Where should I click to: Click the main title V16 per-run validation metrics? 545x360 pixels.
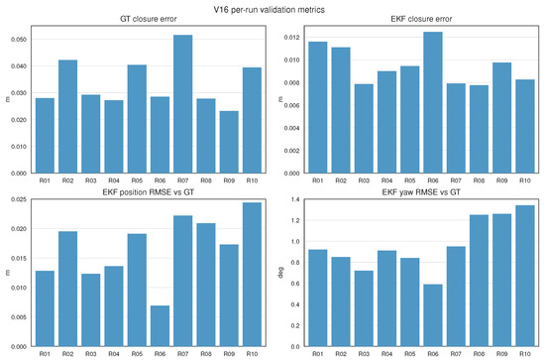click(269, 9)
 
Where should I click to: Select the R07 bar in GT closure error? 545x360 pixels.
click(183, 104)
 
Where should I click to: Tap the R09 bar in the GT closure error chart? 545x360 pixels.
click(229, 142)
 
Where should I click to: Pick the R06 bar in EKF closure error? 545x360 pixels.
click(433, 102)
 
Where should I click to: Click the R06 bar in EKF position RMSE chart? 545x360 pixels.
click(160, 326)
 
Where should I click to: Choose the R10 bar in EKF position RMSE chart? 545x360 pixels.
click(252, 275)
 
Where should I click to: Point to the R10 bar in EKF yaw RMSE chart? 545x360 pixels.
click(525, 276)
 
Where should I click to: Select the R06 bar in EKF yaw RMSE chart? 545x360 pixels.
click(433, 315)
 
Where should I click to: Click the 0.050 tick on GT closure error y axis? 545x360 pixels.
click(19, 40)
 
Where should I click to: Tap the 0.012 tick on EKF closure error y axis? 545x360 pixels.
click(291, 38)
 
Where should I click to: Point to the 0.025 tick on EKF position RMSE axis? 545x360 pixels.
click(19, 199)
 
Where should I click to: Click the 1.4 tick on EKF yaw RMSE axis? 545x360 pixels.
click(295, 199)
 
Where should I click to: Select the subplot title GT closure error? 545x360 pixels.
click(149, 19)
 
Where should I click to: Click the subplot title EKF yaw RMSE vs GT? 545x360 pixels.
click(421, 192)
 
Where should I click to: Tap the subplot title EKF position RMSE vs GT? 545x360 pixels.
click(149, 192)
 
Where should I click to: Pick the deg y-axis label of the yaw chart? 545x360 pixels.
click(280, 273)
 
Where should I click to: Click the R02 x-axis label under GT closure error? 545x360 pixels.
click(67, 180)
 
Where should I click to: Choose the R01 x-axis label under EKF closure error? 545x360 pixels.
click(318, 180)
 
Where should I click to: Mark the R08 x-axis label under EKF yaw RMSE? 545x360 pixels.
click(479, 354)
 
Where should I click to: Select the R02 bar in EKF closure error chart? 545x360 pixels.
click(341, 110)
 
